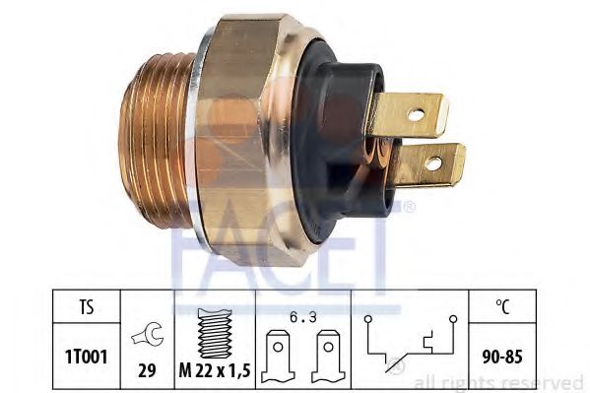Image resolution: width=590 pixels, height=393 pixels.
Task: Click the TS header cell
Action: click(87, 306)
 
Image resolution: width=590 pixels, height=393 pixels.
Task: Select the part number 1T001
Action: click(87, 357)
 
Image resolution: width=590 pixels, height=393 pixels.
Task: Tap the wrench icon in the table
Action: click(148, 334)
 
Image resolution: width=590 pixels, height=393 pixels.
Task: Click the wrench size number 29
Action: click(147, 370)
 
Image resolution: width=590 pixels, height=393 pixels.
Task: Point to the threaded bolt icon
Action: click(215, 333)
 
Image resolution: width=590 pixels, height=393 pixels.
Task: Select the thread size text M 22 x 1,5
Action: click(215, 371)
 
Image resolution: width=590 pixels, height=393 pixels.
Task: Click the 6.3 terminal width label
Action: click(303, 318)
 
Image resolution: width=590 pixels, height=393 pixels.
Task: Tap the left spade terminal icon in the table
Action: click(278, 357)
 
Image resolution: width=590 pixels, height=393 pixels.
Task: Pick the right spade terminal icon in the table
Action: click(328, 357)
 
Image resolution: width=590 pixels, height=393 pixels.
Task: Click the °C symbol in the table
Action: click(502, 306)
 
